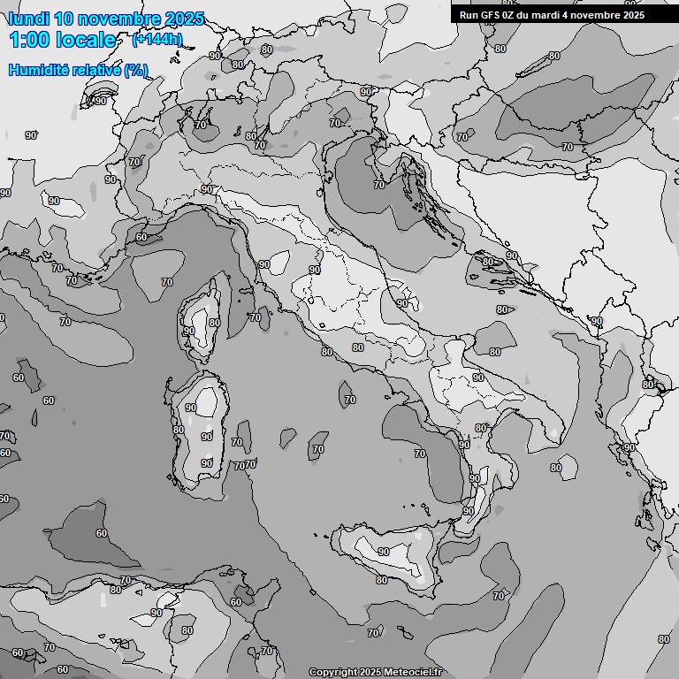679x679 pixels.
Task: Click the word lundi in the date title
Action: pos(28,19)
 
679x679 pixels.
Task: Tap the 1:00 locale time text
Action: pos(62,40)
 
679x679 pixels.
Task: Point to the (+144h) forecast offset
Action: pos(157,40)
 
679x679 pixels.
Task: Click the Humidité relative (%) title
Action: pos(78,70)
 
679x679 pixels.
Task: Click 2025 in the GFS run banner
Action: pos(630,15)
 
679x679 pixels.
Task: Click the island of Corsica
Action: pos(202,323)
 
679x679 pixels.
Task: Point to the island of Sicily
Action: pos(389,553)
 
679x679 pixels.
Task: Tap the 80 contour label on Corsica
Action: pos(214,324)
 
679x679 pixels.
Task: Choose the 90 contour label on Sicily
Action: pos(383,552)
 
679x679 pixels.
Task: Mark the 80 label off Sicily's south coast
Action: pos(381,580)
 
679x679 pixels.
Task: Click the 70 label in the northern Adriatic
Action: pos(379,185)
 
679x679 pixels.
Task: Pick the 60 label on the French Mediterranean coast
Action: pos(141,237)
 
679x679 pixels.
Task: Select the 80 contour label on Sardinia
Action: pos(179,431)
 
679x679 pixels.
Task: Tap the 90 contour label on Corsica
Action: pos(188,331)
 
